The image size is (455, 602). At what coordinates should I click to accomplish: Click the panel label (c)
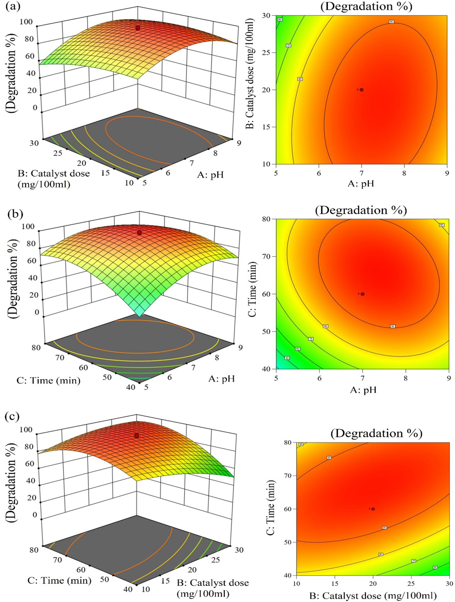tap(13, 417)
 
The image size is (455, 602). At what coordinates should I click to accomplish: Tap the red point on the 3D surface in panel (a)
tap(138, 28)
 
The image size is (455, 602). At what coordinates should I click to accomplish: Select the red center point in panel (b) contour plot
tap(363, 294)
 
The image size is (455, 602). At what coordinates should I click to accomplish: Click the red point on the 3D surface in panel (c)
tap(136, 436)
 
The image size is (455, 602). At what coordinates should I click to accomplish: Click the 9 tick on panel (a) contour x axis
tap(447, 173)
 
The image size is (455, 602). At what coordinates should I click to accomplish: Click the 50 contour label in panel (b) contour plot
tap(287, 358)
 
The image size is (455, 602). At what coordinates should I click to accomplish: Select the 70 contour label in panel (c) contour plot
tap(413, 561)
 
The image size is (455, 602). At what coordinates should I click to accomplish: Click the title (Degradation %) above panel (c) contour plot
tap(376, 433)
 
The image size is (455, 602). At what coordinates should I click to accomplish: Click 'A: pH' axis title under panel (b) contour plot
tap(363, 390)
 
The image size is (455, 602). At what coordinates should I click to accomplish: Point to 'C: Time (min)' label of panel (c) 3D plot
tap(59, 580)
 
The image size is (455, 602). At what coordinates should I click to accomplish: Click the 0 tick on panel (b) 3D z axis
tap(37, 312)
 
